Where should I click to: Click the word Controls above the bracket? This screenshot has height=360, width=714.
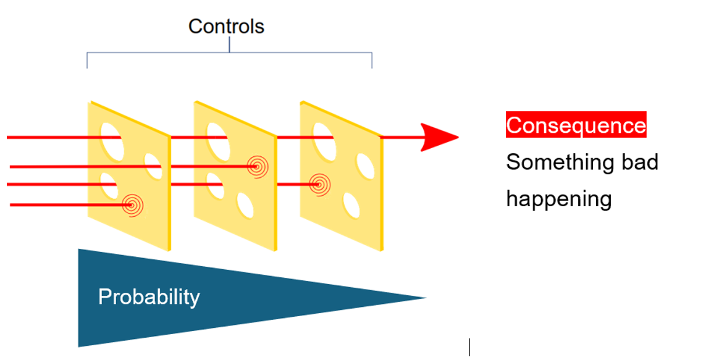[226, 27]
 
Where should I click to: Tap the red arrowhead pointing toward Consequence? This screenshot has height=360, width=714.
[437, 137]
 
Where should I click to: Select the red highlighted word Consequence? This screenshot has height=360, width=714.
[576, 124]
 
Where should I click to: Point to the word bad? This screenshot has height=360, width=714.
[640, 162]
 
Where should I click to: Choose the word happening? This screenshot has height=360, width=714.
[559, 199]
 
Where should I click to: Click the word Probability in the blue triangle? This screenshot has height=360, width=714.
[149, 297]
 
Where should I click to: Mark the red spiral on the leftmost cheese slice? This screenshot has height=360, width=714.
[133, 205]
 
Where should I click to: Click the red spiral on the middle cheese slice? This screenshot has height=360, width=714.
[258, 167]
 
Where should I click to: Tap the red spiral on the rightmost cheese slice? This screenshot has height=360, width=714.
[320, 185]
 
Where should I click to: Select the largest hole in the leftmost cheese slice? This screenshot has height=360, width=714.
[112, 141]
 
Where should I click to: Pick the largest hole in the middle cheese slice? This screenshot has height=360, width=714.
[218, 141]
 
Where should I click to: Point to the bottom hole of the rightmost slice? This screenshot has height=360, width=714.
[351, 205]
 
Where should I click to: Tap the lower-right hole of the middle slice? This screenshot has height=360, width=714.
[245, 205]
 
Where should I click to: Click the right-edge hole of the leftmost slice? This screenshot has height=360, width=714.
[153, 166]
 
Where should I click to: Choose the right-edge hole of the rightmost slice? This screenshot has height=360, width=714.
[365, 166]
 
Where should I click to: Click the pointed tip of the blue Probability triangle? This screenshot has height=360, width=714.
[426, 298]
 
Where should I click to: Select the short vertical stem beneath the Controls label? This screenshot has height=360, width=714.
[230, 44]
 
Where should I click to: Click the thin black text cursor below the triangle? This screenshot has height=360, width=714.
[469, 347]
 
